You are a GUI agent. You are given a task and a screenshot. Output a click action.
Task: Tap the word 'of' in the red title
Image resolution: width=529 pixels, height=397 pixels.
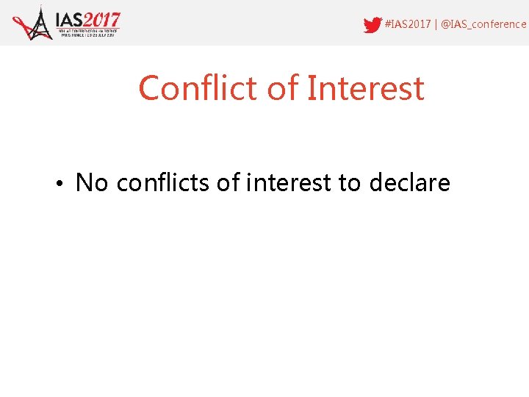(x=283, y=88)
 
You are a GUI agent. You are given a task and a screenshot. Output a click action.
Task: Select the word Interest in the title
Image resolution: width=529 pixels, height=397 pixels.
(x=365, y=88)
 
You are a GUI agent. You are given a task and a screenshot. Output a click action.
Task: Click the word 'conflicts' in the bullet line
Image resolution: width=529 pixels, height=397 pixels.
(x=163, y=182)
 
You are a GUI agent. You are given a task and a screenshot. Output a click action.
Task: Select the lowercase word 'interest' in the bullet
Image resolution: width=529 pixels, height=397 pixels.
(x=289, y=182)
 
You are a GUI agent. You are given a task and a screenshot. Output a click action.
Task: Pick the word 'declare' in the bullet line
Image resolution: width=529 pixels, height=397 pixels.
(x=410, y=182)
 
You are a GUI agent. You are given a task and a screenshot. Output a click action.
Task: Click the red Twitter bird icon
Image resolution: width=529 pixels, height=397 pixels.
(x=373, y=24)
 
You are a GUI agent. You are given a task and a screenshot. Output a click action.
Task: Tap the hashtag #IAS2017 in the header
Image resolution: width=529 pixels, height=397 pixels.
(x=408, y=24)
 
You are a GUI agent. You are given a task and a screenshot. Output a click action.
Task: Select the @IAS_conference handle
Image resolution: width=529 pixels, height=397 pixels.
(x=483, y=24)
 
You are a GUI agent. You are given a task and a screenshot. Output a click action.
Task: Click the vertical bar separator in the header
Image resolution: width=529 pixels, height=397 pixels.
(x=436, y=24)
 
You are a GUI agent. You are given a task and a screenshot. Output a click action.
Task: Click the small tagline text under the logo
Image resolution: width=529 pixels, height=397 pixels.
(x=88, y=34)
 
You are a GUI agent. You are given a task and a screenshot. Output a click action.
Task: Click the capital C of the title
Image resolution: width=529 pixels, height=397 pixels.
(x=149, y=88)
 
